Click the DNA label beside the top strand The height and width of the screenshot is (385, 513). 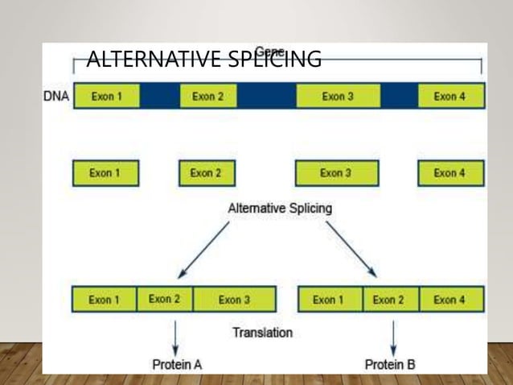pos(55,97)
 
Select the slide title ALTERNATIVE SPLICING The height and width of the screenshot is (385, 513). pos(203,60)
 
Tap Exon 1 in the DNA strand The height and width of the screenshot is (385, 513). pos(106,97)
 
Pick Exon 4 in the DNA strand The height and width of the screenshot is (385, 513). pos(450,97)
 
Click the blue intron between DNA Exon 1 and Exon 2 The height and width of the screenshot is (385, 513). pos(159,97)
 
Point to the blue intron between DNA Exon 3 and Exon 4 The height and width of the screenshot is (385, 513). pos(398,97)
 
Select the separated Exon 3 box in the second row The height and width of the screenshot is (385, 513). pos(335,173)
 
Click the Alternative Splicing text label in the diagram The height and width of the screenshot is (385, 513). pos(280,208)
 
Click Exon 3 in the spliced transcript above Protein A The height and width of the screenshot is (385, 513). pos(234,300)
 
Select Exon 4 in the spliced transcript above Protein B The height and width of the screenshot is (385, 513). pos(450,300)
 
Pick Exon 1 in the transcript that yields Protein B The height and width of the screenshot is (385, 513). pos(330,300)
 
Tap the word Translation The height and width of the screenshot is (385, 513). pos(262,332)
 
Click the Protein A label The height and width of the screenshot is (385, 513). pos(178,364)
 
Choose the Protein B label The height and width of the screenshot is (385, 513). pos(390,364)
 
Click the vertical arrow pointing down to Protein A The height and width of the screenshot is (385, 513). pos(176,334)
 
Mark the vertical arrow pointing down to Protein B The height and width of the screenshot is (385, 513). pos(392,334)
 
